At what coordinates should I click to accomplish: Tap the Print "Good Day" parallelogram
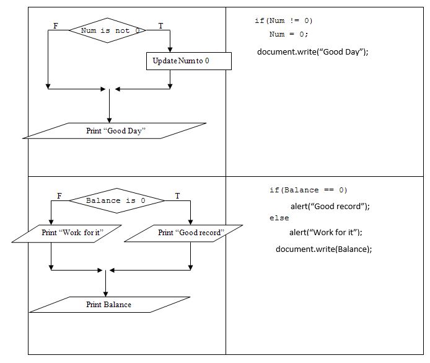click(114, 131)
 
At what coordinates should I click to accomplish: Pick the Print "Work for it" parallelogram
click(71, 233)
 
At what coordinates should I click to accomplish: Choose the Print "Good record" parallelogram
click(190, 233)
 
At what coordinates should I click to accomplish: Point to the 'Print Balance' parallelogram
click(108, 305)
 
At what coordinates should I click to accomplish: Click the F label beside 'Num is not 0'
click(56, 25)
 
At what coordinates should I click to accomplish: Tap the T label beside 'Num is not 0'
click(161, 25)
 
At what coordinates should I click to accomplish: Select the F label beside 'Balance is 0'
click(59, 196)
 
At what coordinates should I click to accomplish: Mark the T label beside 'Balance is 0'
click(177, 196)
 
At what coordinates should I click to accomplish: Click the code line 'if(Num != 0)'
click(284, 21)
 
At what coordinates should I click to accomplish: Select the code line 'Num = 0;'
click(288, 34)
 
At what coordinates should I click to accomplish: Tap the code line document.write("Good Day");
click(313, 52)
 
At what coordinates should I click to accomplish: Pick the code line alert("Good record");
click(334, 206)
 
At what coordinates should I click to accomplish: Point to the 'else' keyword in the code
click(279, 218)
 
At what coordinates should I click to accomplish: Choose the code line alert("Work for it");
click(326, 232)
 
